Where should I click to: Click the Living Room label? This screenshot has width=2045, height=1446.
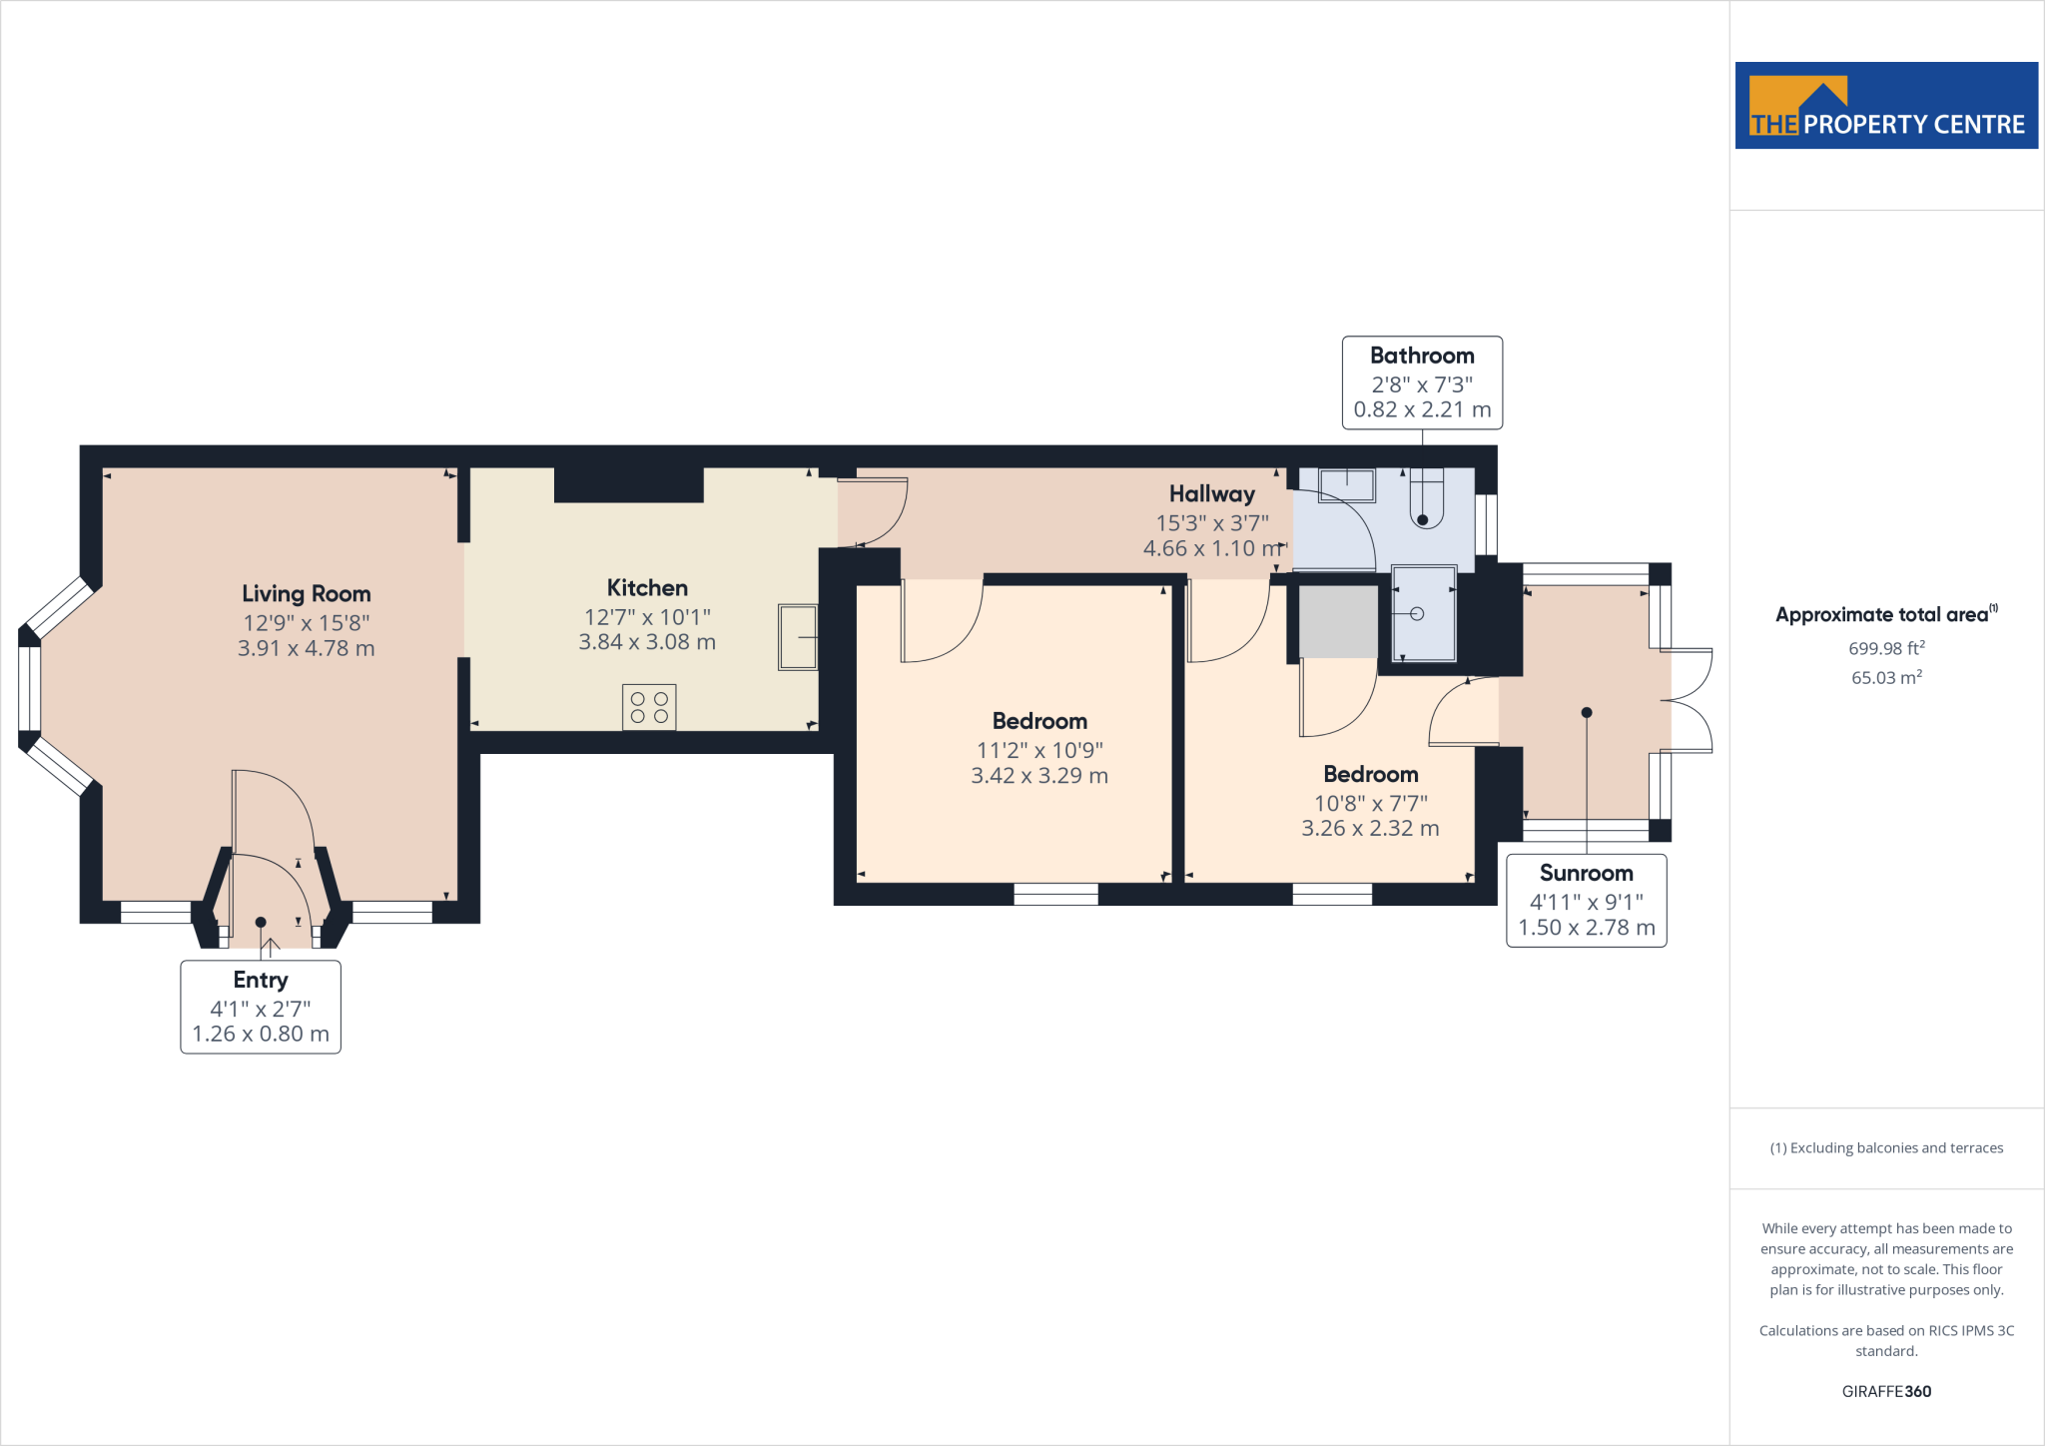point(306,593)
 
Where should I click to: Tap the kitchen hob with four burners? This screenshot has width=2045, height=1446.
point(649,707)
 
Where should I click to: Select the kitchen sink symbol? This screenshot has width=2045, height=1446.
point(798,636)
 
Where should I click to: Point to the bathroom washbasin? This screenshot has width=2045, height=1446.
point(1347,486)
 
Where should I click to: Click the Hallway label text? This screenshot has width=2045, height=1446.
point(1211,493)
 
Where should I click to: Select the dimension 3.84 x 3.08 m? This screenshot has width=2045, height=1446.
point(647,642)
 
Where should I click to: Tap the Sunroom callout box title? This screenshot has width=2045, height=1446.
point(1586,873)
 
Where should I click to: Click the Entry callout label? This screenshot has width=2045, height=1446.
point(261,980)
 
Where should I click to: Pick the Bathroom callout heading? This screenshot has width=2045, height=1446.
point(1422,356)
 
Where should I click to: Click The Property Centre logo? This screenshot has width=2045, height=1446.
point(1886,106)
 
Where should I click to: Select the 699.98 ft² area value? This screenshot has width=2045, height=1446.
point(1886,648)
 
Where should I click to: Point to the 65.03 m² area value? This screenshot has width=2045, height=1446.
point(1886,677)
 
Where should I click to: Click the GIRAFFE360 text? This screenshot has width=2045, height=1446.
point(1886,1391)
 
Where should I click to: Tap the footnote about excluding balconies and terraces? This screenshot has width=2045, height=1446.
point(1886,1147)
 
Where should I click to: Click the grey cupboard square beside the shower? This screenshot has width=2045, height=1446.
point(1338,621)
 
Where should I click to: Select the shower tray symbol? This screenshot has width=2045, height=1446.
point(1424,613)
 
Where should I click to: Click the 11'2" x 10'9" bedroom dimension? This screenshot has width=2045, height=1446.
point(1039,750)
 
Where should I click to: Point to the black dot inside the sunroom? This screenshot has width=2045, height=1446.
point(1587,712)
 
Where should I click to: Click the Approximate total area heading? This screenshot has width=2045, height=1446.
point(1882,615)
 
